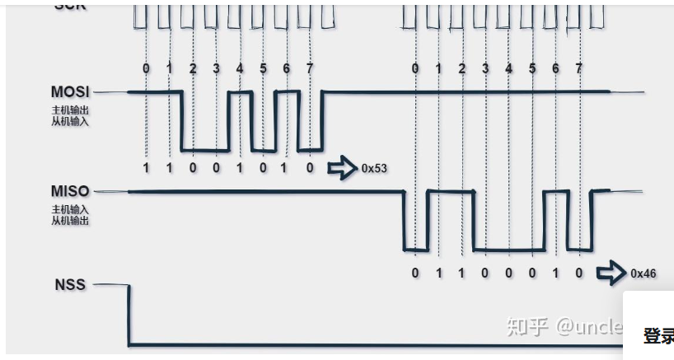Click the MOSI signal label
(71, 91)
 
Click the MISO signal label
(70, 192)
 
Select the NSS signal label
(70, 285)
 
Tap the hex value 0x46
(644, 274)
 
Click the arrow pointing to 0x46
(611, 274)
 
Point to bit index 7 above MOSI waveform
(310, 68)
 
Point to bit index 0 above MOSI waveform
(146, 68)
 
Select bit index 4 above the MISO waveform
(508, 68)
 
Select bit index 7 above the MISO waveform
(579, 68)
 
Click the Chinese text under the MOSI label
(70, 115)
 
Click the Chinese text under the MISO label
(70, 216)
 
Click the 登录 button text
(658, 336)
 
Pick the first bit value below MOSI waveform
(146, 167)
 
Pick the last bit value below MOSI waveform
(310, 167)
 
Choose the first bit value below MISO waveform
(415, 271)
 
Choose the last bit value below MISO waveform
(579, 271)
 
